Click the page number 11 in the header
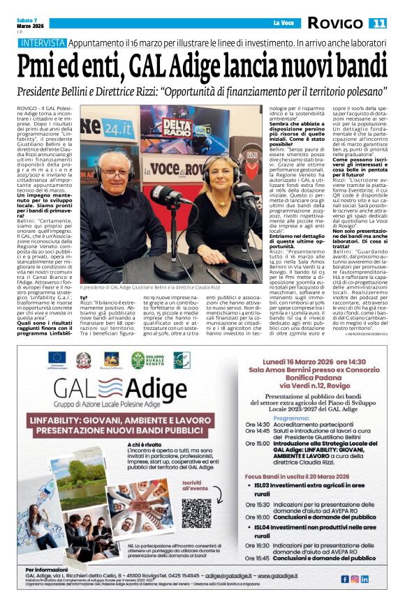(378, 24)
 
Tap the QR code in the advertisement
(196, 512)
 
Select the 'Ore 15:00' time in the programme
(257, 443)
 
